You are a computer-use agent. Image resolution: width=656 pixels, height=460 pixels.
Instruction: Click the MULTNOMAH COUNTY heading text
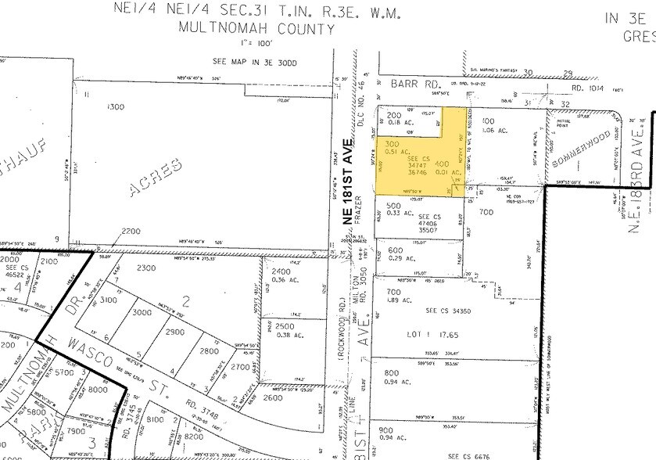click(246, 30)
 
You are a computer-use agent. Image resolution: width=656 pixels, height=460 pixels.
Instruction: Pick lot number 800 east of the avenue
click(393, 373)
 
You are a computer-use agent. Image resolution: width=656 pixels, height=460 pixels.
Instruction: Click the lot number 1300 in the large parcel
click(115, 106)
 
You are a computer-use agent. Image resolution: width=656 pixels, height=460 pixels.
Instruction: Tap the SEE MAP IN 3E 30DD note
click(246, 60)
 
